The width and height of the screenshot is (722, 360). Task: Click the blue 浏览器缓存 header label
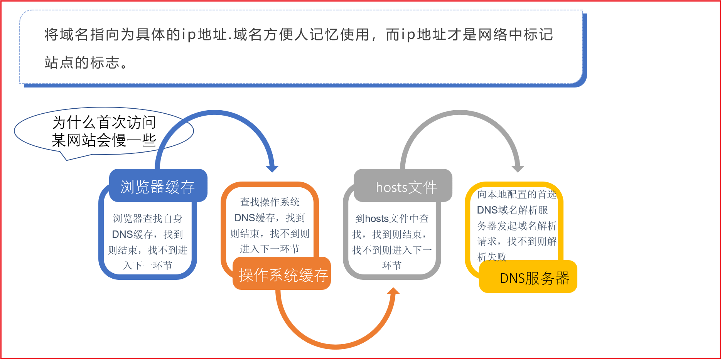coord(158,187)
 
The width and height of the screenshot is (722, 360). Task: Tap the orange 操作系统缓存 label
coord(283,275)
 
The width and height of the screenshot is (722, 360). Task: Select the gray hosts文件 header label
coord(407,187)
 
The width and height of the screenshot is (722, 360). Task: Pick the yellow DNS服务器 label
coord(535,278)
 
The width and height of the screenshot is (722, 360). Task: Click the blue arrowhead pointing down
coord(272,168)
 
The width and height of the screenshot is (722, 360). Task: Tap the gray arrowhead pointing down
coord(518,168)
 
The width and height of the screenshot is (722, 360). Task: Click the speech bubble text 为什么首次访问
coord(104,123)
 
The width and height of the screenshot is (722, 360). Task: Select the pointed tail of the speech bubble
coord(67,160)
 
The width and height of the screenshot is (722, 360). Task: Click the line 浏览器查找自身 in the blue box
coord(148,219)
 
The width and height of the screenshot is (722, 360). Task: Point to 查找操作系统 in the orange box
coord(270,202)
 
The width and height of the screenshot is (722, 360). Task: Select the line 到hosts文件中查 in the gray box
coord(392,219)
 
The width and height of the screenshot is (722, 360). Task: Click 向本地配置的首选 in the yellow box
coord(517,194)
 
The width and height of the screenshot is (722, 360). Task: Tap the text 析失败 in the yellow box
coord(492,257)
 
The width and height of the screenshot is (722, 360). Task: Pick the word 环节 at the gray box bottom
coord(392,265)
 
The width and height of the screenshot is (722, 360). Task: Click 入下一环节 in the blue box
coord(148,266)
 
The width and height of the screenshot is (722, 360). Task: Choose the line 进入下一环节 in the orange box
coord(270,249)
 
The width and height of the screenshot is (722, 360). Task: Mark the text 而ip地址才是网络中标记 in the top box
coord(470,35)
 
